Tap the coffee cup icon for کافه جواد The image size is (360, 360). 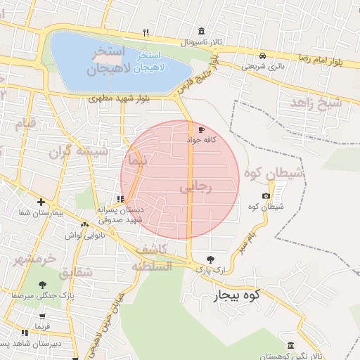pyautogui.click(x=202, y=130)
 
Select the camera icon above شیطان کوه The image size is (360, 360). pyautogui.click(x=266, y=196)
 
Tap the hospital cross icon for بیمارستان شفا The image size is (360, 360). pyautogui.click(x=41, y=202)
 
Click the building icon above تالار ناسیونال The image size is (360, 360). pyautogui.click(x=202, y=32)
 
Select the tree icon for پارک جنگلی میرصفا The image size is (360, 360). pyautogui.click(x=42, y=285)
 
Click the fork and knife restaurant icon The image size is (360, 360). pyautogui.click(x=146, y=32)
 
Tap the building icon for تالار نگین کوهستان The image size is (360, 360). pyautogui.click(x=291, y=345)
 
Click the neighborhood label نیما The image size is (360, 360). pyautogui.click(x=135, y=161)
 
